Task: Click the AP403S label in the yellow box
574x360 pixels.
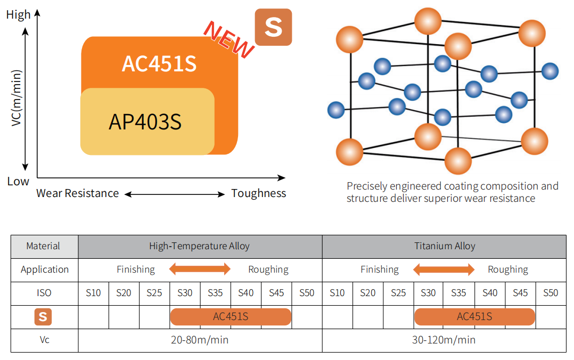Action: (145, 122)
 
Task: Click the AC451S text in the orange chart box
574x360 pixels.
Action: (159, 64)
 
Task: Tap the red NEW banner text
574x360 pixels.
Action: (228, 39)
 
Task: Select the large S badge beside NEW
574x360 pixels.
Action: (274, 27)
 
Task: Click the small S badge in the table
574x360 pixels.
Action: (43, 317)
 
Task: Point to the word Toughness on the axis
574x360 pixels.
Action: (259, 193)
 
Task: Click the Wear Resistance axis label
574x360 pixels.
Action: (78, 193)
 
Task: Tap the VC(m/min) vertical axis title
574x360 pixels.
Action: (17, 98)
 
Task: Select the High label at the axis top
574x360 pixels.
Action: (18, 15)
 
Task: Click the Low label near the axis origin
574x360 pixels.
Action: (18, 181)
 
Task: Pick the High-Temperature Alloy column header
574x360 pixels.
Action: (200, 246)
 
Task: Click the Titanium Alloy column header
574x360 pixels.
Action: (445, 246)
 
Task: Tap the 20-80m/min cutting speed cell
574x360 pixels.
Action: (200, 340)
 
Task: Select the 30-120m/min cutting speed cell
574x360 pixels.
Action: (444, 340)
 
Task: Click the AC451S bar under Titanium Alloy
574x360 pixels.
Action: (475, 317)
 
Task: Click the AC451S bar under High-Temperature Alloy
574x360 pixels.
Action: (231, 317)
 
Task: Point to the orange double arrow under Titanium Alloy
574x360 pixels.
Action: (444, 269)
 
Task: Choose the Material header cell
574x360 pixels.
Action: (43, 246)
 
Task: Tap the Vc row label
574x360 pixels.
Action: (44, 340)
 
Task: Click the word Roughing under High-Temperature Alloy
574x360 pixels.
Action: (268, 270)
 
